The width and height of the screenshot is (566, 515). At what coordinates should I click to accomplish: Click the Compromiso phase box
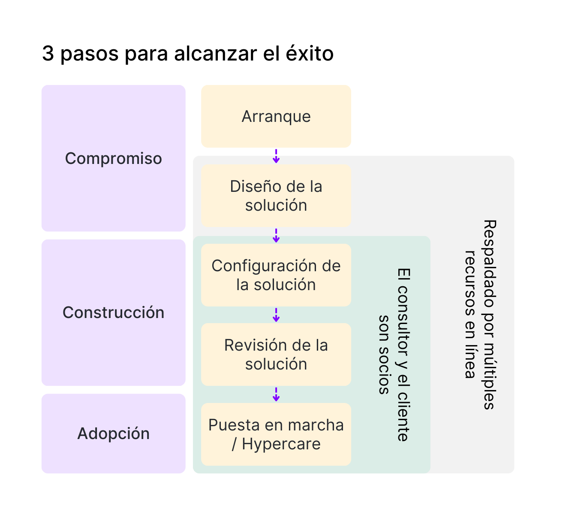click(114, 158)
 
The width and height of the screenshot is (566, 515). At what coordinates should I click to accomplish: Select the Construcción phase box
click(114, 312)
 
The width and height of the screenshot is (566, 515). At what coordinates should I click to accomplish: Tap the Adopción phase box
click(114, 433)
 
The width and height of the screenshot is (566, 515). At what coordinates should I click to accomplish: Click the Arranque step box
click(276, 116)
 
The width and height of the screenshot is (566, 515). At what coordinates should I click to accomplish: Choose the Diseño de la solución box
click(276, 196)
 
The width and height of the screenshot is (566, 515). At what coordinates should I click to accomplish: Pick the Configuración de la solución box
click(276, 275)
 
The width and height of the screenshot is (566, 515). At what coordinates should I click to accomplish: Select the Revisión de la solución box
click(276, 354)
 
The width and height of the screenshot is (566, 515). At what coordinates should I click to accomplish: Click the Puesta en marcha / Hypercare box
click(276, 434)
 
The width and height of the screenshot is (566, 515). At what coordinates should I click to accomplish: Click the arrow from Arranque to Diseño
click(276, 156)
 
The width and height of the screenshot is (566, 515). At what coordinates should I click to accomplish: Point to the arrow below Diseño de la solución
click(276, 235)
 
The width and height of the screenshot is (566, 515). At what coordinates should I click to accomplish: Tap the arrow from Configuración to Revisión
click(276, 315)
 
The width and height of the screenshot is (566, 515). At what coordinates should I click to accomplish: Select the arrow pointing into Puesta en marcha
click(276, 394)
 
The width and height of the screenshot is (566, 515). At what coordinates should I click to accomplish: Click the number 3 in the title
click(48, 53)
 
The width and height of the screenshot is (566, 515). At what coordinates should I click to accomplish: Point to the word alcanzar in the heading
click(216, 53)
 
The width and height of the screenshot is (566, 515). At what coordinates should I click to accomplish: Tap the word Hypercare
click(281, 444)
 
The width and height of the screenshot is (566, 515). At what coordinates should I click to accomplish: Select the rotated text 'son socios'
click(384, 354)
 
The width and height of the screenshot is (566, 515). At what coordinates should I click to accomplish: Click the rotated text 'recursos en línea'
click(470, 315)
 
